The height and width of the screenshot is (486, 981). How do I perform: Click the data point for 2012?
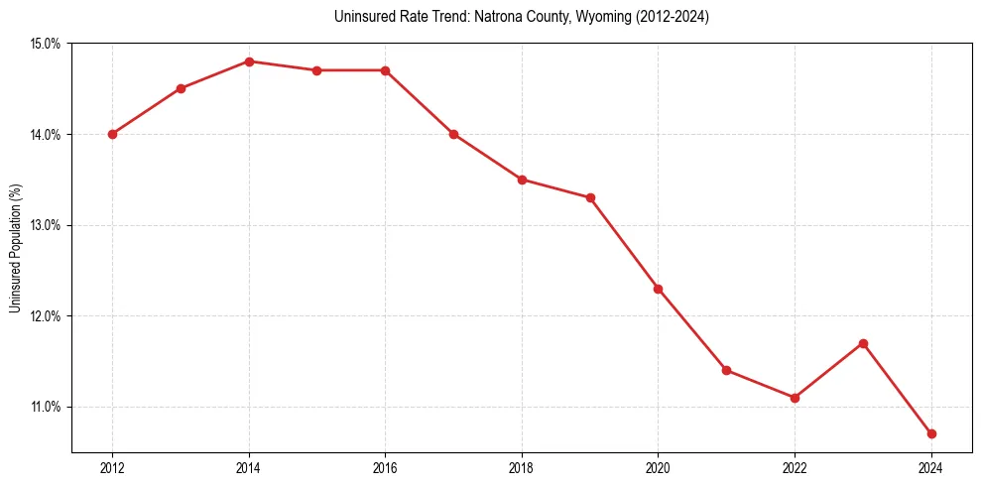[112, 134]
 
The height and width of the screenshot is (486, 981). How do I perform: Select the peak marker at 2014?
[249, 61]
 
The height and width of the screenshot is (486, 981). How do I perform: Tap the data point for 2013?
[181, 88]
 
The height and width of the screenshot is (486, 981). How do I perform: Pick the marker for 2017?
[453, 134]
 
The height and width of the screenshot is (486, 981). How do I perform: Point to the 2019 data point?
[590, 197]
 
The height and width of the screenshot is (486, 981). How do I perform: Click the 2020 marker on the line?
[658, 289]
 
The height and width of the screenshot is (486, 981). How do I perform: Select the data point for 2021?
[726, 370]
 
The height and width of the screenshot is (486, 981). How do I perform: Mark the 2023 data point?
[863, 343]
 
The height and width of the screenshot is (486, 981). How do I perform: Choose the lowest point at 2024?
[931, 433]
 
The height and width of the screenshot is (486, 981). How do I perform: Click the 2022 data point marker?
[795, 398]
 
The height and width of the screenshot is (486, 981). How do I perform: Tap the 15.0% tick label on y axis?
[46, 44]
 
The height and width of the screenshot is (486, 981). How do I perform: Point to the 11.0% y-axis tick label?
[46, 407]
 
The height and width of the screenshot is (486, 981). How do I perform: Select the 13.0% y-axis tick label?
[46, 225]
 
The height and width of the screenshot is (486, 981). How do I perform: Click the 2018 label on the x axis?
[522, 468]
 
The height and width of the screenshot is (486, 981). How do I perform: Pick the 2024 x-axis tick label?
[931, 468]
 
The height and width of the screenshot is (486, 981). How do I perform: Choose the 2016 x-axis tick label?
[385, 468]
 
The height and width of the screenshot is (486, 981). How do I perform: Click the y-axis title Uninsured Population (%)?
[15, 248]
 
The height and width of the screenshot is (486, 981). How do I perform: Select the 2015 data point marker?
[316, 70]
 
